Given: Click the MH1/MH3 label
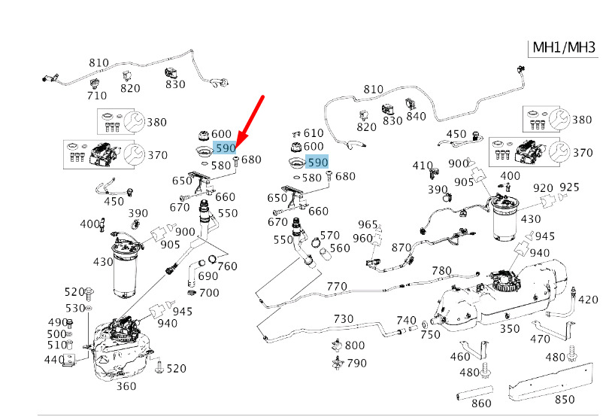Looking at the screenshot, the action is click(x=564, y=47).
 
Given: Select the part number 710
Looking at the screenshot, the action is click(x=97, y=96).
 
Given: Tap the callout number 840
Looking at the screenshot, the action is click(x=416, y=116).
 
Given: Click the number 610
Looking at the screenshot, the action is click(x=314, y=133).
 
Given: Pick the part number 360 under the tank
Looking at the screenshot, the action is click(x=126, y=386).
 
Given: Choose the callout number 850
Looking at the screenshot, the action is click(x=565, y=400).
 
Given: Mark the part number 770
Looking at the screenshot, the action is click(x=337, y=287).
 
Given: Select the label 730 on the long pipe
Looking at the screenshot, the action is click(x=344, y=319).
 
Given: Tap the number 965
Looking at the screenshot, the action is click(x=368, y=224).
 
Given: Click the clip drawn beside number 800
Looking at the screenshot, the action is click(x=337, y=345).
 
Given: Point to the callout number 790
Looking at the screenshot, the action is click(x=356, y=363).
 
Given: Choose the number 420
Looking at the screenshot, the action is click(x=588, y=300).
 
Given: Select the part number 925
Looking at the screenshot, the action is click(x=569, y=187).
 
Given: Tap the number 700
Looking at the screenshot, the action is click(x=209, y=293).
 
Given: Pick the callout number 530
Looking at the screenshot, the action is click(x=75, y=308).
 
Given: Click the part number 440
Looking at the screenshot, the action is click(x=54, y=359).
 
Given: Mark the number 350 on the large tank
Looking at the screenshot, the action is click(x=510, y=329).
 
